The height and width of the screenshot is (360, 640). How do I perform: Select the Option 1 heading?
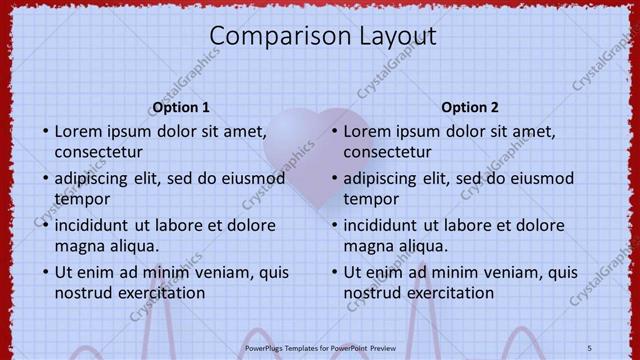[181, 107]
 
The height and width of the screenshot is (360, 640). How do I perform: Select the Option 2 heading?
[470, 107]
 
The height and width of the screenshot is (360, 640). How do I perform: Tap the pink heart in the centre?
[316, 150]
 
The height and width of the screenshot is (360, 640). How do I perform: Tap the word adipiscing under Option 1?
[95, 178]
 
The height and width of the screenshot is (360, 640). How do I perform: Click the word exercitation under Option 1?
[158, 293]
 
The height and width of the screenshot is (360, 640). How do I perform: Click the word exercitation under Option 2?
[447, 293]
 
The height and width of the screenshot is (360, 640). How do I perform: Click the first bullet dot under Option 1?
[45, 132]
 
